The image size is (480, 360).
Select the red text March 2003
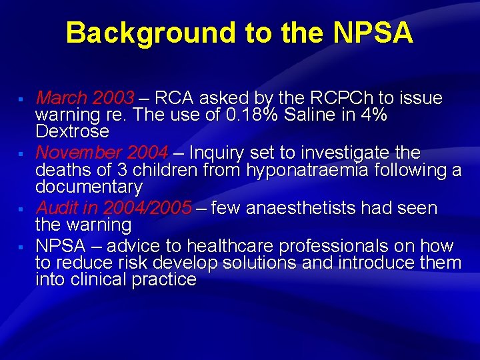pos(85,98)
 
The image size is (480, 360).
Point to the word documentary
pos(89,187)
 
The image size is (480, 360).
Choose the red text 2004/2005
pos(147,209)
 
